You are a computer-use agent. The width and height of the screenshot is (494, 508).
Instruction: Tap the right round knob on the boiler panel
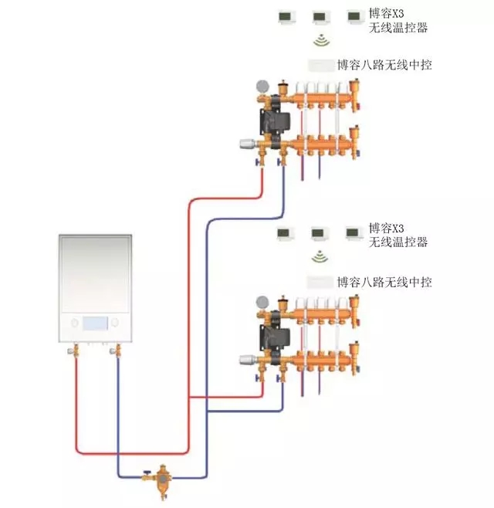[x=116, y=323]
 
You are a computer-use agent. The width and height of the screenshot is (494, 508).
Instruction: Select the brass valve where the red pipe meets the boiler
[x=76, y=351]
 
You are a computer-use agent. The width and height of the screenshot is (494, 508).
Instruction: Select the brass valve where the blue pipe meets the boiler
[x=117, y=351]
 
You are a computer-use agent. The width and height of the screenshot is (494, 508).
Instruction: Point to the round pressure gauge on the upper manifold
[x=261, y=83]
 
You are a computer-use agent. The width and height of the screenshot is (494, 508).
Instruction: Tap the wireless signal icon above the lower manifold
[x=319, y=256]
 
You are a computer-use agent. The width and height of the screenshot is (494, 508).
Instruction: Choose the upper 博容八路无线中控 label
[x=384, y=65]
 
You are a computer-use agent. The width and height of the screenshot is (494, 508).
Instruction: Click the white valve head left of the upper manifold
[x=248, y=143]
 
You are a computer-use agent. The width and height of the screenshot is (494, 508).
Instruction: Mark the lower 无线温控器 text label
[x=398, y=242]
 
